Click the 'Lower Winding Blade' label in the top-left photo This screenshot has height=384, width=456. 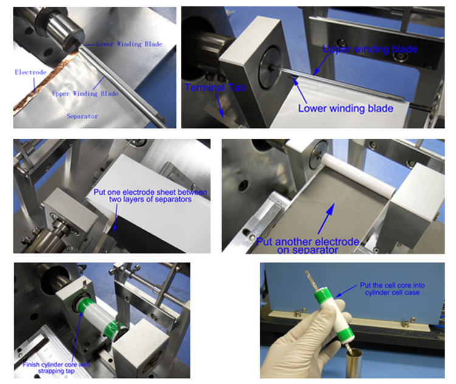[129, 44]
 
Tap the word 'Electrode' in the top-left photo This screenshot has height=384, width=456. [30, 72]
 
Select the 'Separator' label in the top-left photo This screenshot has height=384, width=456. [82, 116]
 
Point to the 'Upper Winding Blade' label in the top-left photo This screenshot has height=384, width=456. [85, 94]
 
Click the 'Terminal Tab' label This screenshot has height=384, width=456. [215, 88]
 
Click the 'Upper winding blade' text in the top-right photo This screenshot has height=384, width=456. [370, 49]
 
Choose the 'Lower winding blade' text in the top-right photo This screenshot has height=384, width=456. [346, 108]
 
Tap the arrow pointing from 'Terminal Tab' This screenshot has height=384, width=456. [219, 106]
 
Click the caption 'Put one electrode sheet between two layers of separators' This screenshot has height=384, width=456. [150, 195]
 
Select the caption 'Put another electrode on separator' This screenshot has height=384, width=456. [308, 246]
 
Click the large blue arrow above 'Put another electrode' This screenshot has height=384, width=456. [326, 218]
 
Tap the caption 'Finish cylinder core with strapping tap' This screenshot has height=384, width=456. [57, 368]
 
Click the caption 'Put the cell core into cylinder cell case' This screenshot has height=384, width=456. [392, 289]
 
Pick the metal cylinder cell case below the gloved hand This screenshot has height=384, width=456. [354, 364]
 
